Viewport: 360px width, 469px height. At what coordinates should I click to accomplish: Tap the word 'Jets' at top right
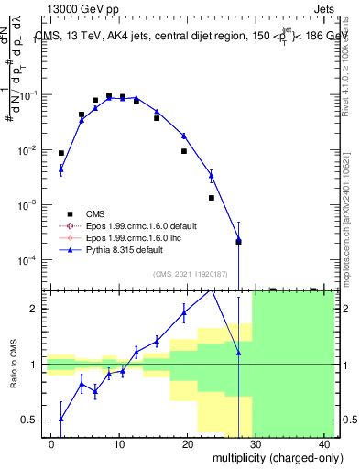[325, 8]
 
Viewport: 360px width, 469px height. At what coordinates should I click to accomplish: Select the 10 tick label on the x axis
[119, 442]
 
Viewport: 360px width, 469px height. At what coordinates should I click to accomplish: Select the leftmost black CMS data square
[61, 153]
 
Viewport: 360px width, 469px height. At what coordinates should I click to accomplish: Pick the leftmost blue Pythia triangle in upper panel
[61, 169]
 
